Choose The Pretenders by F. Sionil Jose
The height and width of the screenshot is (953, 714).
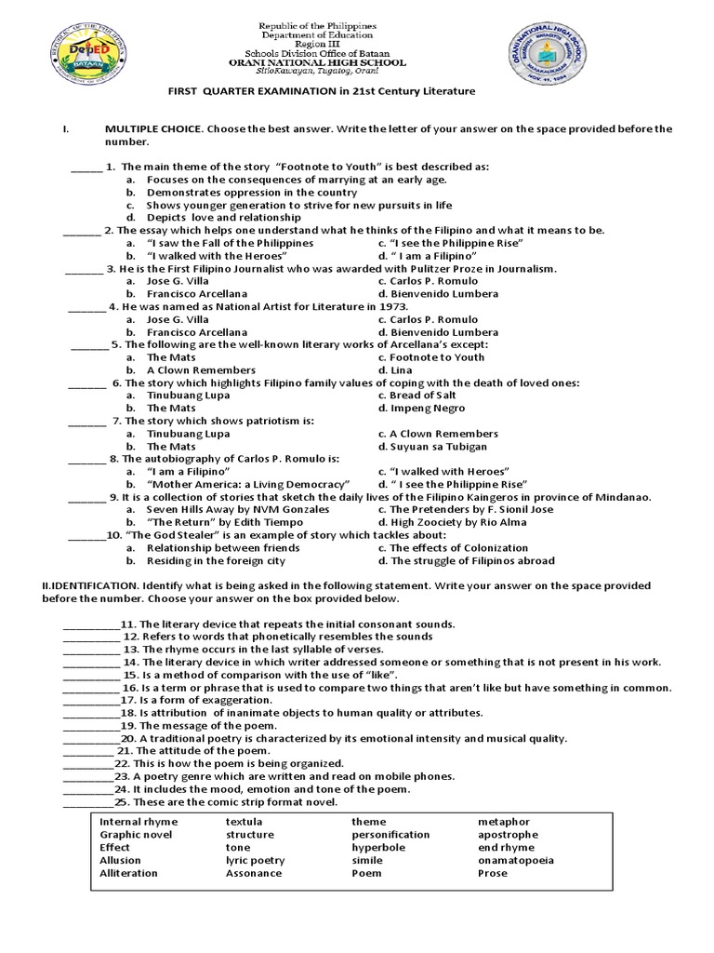[x=471, y=510]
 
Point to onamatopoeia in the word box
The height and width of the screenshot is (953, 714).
[x=516, y=861]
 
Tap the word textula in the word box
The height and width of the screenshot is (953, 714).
[x=245, y=822]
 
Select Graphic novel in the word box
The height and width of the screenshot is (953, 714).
[x=136, y=835]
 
